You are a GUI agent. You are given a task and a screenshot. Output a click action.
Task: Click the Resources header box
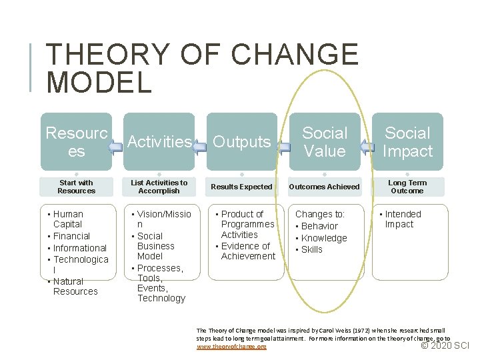(76, 141)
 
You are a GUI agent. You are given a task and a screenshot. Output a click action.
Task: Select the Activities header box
(159, 141)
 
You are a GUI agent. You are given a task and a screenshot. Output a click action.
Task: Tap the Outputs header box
(241, 141)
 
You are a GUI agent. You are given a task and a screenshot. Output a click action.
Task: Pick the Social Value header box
(325, 141)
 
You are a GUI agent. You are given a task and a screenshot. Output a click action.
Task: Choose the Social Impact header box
(407, 141)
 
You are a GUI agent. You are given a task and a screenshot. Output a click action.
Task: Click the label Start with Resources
(76, 187)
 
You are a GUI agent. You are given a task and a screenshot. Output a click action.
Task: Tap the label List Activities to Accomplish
(159, 187)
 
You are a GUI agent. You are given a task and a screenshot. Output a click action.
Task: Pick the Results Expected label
(241, 187)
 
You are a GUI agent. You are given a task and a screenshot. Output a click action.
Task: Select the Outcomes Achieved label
(325, 187)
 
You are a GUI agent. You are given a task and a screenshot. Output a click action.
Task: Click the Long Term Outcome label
(407, 187)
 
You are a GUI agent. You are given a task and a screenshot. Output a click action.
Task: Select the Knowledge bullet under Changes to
(324, 238)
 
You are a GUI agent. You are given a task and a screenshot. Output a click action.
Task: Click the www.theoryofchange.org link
(231, 347)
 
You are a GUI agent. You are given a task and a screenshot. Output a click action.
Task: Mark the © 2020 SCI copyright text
(446, 345)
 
